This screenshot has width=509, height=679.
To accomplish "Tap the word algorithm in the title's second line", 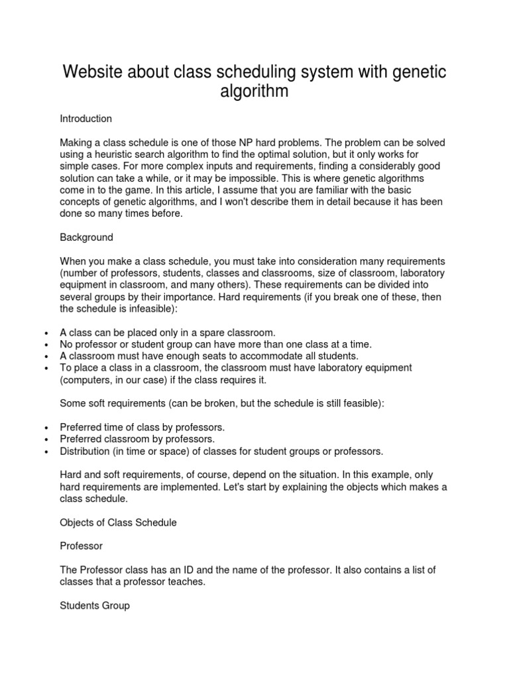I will coord(254,91).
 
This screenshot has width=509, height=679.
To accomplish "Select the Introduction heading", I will coord(86,119).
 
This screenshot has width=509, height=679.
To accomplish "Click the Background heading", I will coord(87,237).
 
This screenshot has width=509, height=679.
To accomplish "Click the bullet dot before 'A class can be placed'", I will coord(45,333).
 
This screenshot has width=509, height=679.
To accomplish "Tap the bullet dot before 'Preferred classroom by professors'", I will coord(45,440).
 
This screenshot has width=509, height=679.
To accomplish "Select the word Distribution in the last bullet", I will coord(85,451).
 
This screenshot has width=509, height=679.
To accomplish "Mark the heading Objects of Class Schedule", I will coord(119,523).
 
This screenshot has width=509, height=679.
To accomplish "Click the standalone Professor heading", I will coord(82,546).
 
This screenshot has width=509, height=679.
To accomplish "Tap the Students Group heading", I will coord(95,606).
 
